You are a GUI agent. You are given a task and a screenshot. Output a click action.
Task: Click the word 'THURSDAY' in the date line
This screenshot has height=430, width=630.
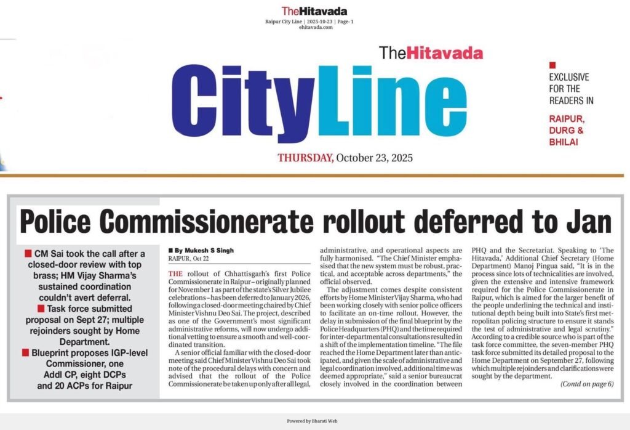point(306,158)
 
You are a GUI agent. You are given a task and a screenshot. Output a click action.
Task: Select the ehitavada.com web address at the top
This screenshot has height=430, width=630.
point(314,27)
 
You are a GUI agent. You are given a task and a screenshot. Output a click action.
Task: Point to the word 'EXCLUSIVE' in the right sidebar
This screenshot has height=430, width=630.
point(568,77)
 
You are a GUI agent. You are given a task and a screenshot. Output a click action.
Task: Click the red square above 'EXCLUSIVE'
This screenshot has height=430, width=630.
point(552,65)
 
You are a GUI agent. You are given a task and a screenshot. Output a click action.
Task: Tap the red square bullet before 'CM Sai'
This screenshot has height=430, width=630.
point(28,254)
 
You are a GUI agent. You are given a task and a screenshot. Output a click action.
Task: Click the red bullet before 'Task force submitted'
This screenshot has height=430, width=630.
point(28,307)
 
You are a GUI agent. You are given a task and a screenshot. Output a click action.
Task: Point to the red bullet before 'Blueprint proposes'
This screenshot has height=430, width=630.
point(28,352)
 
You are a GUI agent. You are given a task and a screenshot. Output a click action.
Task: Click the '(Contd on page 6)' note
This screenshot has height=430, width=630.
point(587,384)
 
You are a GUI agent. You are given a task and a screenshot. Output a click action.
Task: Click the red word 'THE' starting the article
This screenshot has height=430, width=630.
point(175,273)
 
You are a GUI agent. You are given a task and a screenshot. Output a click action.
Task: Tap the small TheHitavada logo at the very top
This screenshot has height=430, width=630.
point(314,10)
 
